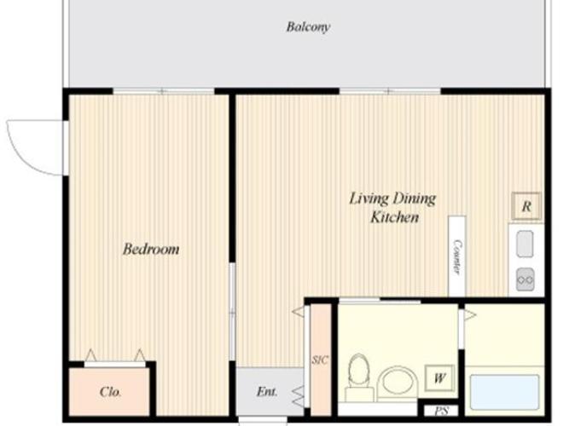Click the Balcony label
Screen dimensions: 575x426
click(308, 27)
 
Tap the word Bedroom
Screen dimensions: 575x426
click(151, 249)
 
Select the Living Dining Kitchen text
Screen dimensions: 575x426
click(392, 208)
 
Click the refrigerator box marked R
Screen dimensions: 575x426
click(526, 206)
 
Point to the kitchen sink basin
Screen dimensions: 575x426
click(525, 244)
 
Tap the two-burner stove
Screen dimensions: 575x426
click(526, 279)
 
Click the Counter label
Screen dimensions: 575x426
click(457, 256)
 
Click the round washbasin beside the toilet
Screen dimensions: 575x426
click(398, 383)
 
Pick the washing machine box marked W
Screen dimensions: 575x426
click(439, 377)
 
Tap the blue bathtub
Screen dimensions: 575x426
click(504, 392)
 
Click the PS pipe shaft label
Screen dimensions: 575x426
click(442, 411)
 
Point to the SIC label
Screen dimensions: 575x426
click(320, 360)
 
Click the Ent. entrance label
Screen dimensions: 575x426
click(267, 392)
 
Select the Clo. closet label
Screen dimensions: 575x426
click(110, 392)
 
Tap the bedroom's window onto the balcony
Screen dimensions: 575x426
click(164, 91)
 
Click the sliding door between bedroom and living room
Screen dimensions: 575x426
click(232, 312)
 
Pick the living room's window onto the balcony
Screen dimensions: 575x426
click(390, 91)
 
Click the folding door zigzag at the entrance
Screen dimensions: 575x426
click(299, 397)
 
